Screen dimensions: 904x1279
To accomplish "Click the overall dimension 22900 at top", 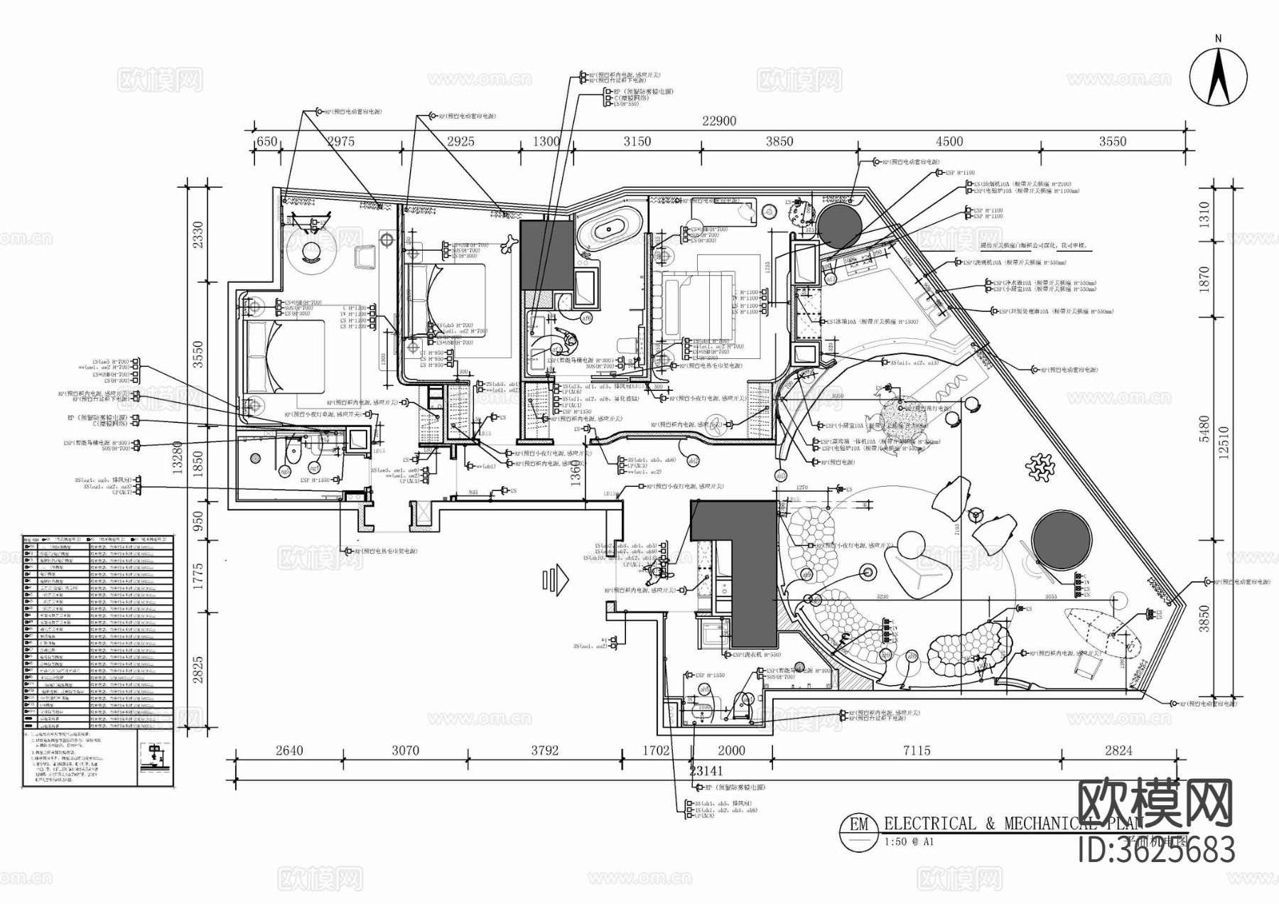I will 719,121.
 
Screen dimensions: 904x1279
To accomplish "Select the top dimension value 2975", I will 340,141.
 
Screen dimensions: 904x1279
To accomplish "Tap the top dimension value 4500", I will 949,141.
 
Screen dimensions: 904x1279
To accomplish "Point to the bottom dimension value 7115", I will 916,750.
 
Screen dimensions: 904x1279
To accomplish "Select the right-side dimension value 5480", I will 1204,429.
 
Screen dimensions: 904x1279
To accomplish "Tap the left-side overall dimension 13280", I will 178,458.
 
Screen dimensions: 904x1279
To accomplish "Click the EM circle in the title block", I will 859,824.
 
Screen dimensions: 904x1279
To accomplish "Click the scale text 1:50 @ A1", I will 909,842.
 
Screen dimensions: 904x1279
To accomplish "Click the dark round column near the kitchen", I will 839,225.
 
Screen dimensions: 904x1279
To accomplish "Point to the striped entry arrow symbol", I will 556,579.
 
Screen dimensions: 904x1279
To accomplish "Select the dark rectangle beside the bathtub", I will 546,254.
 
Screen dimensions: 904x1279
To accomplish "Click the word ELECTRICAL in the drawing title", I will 930,824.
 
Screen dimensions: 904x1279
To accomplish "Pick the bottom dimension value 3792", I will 544,750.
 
